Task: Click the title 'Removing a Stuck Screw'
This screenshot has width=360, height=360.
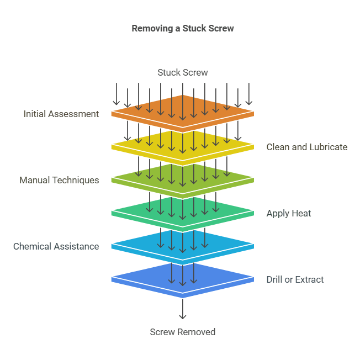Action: click(182, 28)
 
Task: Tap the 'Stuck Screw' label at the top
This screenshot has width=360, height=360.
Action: click(182, 72)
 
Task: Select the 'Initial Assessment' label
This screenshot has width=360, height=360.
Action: click(61, 114)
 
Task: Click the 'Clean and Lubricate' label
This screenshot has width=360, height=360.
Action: click(307, 147)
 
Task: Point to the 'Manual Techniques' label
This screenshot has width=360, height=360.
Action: click(59, 180)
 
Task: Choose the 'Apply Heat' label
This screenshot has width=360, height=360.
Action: click(289, 213)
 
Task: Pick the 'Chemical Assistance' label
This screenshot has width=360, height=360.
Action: click(56, 246)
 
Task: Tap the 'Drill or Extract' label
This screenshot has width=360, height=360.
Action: click(295, 279)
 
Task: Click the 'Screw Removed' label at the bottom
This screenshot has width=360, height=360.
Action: click(182, 332)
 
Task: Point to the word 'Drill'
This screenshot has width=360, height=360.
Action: click(275, 279)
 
